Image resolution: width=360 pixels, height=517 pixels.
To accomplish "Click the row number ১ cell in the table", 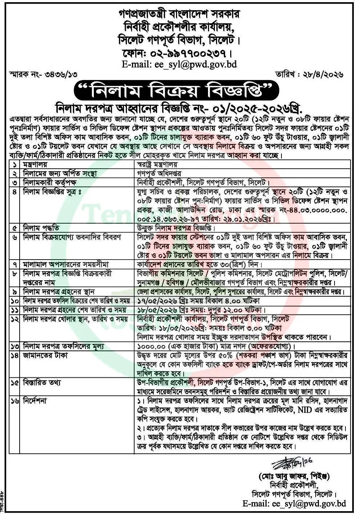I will [x=15, y=164].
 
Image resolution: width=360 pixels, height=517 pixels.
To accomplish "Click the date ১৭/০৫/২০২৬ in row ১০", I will [x=155, y=301].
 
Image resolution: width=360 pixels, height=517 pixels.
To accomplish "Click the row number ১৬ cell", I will [x=15, y=401].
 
